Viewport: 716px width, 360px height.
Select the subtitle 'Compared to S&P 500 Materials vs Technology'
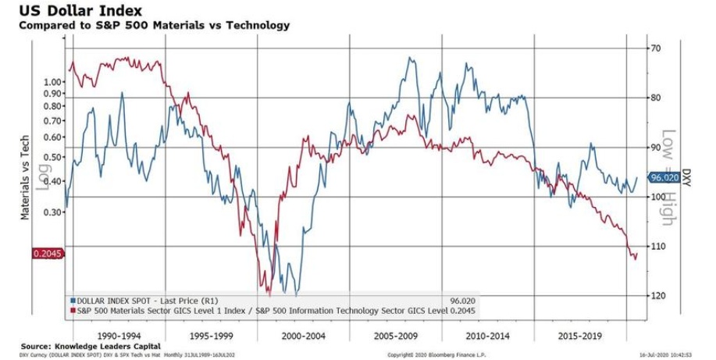(148, 25)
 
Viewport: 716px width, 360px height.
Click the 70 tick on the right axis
(656, 48)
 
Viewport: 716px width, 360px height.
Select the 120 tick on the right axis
(658, 295)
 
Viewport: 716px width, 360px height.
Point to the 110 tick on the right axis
(658, 246)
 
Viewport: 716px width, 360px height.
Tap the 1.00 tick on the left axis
(54, 81)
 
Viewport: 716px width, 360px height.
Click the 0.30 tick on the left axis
(54, 212)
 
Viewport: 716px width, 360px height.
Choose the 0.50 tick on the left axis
(54, 157)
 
